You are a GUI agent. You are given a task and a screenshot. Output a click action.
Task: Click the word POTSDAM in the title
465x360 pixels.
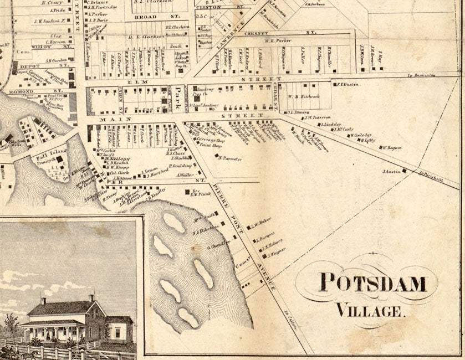(x=374, y=283)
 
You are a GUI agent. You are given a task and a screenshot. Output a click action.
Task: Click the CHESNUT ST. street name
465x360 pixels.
(x=280, y=33)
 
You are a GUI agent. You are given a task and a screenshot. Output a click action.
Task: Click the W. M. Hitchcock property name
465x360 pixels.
(x=304, y=96)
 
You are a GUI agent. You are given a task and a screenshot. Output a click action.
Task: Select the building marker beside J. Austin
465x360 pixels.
(x=405, y=171)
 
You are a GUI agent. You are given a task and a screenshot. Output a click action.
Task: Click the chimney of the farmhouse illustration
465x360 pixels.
(x=43, y=301)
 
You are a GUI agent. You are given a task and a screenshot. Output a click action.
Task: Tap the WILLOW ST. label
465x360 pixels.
(x=42, y=47)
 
